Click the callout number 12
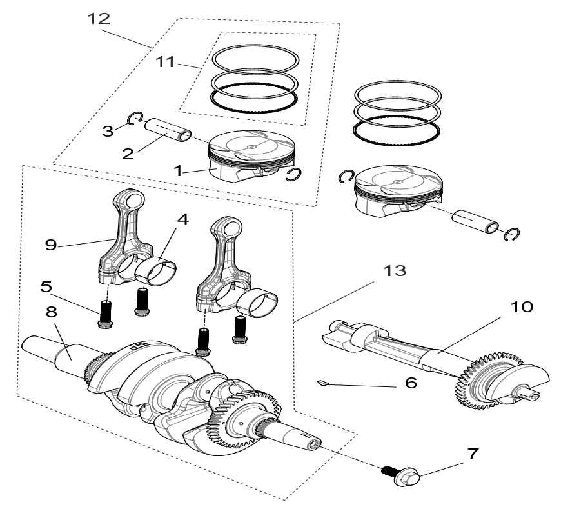coord(99,19)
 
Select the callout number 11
coord(166,61)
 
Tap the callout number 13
coord(395,270)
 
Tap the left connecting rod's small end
coord(127,201)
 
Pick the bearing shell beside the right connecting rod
coord(264,302)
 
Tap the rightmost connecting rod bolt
coord(241,330)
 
